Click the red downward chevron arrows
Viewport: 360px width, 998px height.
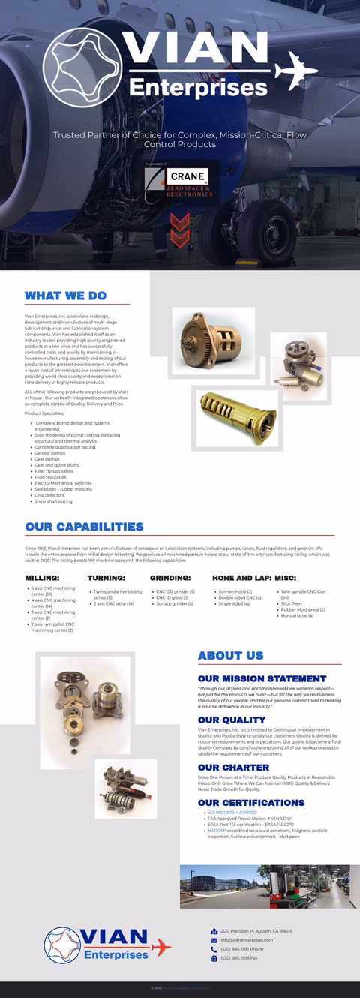coord(180,229)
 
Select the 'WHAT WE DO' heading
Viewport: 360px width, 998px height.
coord(65,296)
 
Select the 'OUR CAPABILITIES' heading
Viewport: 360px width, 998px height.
coord(84,527)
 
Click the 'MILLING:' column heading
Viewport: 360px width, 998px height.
coord(42,578)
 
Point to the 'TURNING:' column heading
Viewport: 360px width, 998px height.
coord(106,578)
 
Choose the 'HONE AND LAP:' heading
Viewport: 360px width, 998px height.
coord(241,578)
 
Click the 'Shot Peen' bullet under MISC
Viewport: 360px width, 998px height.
coord(291,603)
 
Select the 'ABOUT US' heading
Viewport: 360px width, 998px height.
coord(230,655)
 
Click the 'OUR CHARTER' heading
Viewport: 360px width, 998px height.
coord(233,768)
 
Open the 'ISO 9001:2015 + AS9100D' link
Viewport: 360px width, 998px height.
coord(232,812)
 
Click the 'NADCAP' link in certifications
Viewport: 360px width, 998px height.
coord(217,831)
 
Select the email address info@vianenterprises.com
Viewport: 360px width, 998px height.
coord(247,940)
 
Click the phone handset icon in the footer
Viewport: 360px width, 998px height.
coord(214,949)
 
